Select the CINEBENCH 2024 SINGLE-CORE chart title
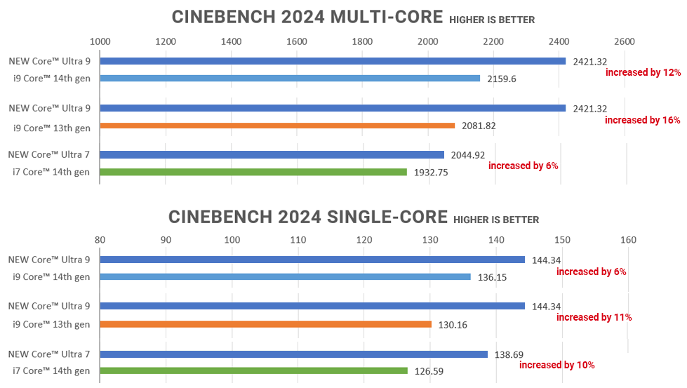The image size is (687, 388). pyautogui.click(x=308, y=217)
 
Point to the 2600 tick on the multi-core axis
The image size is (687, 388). pyautogui.click(x=625, y=41)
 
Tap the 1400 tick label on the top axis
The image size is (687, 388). pyautogui.click(x=231, y=41)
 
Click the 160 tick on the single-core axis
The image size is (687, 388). pyautogui.click(x=628, y=240)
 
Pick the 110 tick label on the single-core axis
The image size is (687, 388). pyautogui.click(x=298, y=240)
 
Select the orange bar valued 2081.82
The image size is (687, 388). pyautogui.click(x=277, y=126)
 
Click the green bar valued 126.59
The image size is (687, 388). pyautogui.click(x=253, y=370)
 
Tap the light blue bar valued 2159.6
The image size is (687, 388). pyautogui.click(x=290, y=78)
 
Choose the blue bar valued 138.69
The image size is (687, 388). pyautogui.click(x=293, y=354)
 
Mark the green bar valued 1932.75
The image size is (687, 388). pyautogui.click(x=253, y=172)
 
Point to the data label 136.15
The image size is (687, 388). pyautogui.click(x=492, y=277)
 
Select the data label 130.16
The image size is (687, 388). pyautogui.click(x=453, y=324)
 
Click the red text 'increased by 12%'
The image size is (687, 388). pyautogui.click(x=643, y=72)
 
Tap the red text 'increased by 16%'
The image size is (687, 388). pyautogui.click(x=642, y=120)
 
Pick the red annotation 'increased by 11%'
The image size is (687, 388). pyautogui.click(x=594, y=317)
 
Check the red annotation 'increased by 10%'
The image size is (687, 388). pyautogui.click(x=556, y=365)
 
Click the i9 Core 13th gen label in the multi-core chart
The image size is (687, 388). pyautogui.click(x=52, y=127)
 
